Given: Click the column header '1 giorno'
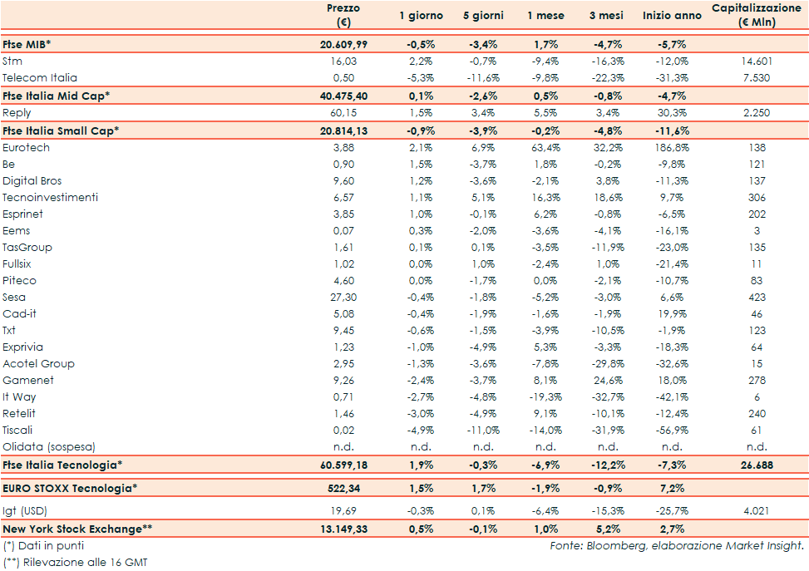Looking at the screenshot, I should click(x=421, y=16).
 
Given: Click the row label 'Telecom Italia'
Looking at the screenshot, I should click(x=40, y=78).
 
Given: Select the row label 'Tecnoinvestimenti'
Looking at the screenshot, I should click(x=50, y=198).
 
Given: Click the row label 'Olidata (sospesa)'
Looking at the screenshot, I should click(x=49, y=447).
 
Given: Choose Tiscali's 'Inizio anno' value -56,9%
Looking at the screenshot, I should click(x=668, y=431).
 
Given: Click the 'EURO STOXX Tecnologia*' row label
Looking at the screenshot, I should click(x=67, y=488).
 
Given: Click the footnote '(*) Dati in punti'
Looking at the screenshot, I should click(x=43, y=546).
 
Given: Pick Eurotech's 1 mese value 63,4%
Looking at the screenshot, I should click(x=543, y=148).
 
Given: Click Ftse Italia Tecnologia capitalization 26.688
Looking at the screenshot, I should click(x=757, y=465).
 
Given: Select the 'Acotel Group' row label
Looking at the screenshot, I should click(x=38, y=364).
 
